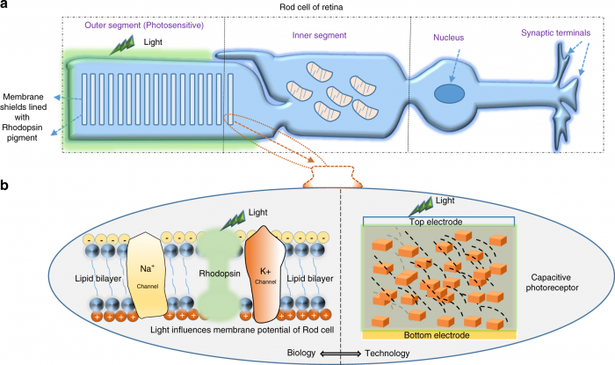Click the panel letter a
(6, 6)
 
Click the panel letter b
(6, 188)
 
